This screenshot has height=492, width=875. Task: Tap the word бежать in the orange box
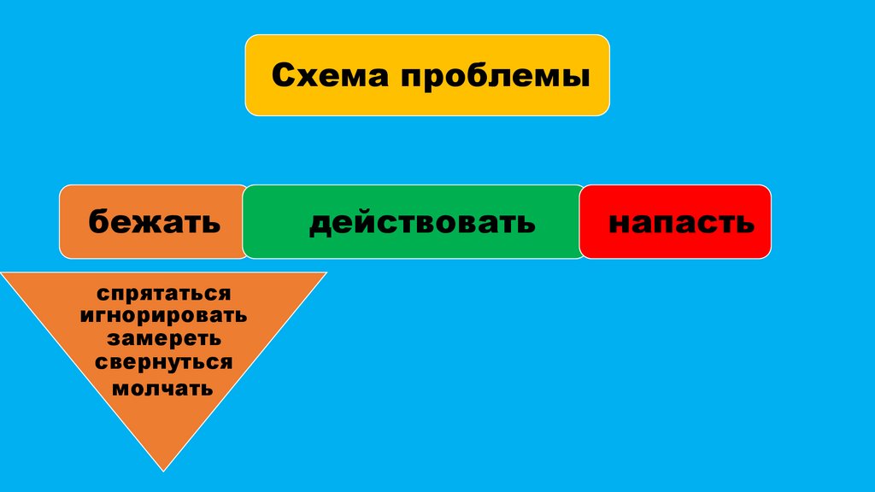(x=154, y=224)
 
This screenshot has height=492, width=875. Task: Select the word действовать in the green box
(x=422, y=223)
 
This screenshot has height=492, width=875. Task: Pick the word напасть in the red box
(x=681, y=223)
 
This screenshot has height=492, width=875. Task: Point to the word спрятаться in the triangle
(x=164, y=294)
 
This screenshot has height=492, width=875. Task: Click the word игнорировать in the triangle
(x=164, y=315)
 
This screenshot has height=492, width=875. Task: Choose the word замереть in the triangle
(x=164, y=337)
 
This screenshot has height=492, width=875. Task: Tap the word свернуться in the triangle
(x=164, y=361)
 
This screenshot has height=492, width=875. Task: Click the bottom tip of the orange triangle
(x=162, y=469)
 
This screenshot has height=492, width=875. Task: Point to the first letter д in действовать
(x=320, y=224)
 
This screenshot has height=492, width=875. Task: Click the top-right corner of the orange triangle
(x=325, y=273)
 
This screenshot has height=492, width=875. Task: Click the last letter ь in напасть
(x=747, y=224)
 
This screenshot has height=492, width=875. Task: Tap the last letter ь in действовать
(x=527, y=224)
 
